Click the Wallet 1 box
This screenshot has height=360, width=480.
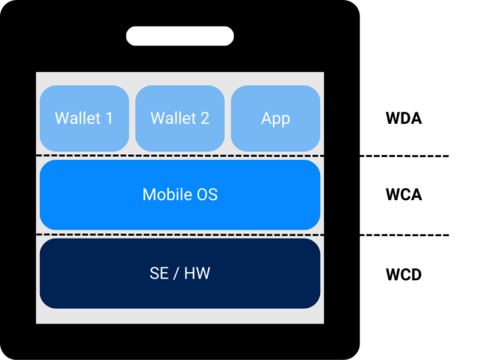[83, 118]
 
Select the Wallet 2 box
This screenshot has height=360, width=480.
[179, 118]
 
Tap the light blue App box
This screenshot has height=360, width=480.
[275, 118]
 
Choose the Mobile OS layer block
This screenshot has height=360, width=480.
[179, 194]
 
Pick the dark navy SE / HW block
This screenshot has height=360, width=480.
[179, 273]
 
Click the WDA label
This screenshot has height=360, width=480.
[403, 118]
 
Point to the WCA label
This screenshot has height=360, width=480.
[403, 194]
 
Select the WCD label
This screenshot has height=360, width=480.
[403, 274]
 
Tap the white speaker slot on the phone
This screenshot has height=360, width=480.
[179, 36]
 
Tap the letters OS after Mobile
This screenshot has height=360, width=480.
[206, 194]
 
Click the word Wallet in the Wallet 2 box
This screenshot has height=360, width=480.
[171, 118]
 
